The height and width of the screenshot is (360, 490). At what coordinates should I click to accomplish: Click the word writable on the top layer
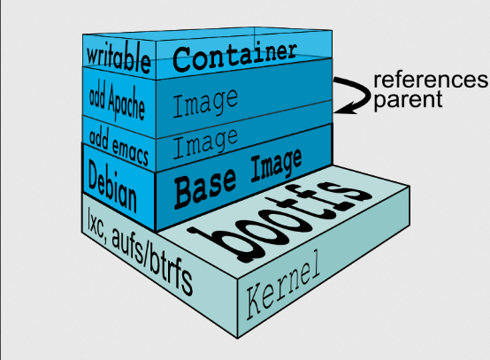119,58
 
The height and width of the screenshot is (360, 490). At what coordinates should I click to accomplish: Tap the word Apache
126,104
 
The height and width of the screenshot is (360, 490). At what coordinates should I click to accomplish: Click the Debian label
112,186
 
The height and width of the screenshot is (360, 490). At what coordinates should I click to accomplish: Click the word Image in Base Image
276,165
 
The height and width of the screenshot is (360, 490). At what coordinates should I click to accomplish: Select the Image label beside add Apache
205,103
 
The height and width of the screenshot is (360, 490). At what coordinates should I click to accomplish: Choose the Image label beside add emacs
205,143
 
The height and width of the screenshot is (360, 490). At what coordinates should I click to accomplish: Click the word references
431,80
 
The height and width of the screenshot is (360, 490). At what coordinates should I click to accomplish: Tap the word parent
408,100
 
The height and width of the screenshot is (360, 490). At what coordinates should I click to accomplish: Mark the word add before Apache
97,96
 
